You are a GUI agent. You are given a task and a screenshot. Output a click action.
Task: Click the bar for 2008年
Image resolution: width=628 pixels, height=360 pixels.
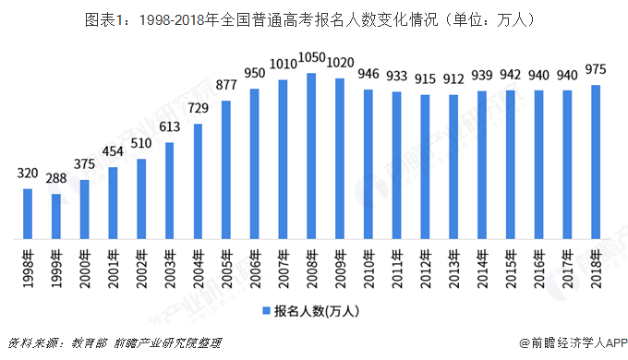[311, 156]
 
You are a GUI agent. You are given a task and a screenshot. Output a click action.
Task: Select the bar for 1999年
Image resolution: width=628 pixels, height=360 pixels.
[55, 216]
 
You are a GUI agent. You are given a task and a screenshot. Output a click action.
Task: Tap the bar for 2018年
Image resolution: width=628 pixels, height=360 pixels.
[596, 162]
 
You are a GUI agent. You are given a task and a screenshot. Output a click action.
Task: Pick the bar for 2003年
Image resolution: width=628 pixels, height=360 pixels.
[169, 190]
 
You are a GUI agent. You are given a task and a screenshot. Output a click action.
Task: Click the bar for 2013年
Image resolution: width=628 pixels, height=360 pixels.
[453, 166]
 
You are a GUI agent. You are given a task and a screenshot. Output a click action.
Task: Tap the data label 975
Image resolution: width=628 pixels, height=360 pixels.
[596, 73]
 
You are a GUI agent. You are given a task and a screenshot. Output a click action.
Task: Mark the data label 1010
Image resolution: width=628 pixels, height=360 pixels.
[283, 67]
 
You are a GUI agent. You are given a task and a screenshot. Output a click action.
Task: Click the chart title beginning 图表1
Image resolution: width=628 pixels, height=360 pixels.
[313, 18]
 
